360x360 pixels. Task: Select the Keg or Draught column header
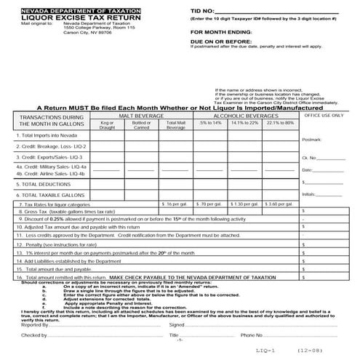click(x=108, y=124)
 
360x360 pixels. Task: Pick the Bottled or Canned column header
click(x=141, y=124)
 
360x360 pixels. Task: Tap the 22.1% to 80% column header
click(x=281, y=123)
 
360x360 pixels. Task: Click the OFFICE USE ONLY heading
click(x=323, y=115)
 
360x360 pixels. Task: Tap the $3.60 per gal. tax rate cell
click(x=281, y=204)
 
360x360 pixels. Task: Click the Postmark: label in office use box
click(x=311, y=139)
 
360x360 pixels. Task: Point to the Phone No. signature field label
click(x=249, y=336)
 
